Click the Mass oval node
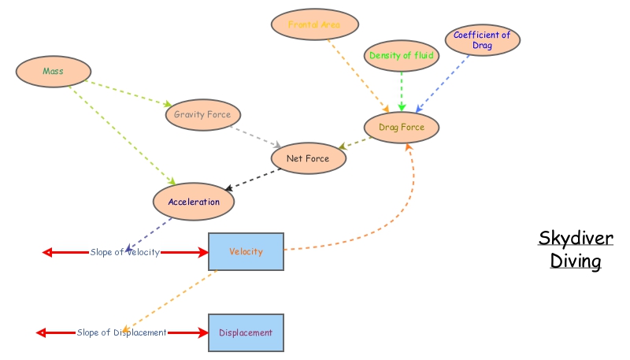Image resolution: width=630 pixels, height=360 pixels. click(53, 71)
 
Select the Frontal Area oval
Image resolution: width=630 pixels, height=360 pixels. click(314, 24)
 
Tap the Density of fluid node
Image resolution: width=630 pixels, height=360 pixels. click(402, 56)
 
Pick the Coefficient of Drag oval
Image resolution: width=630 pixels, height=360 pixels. click(482, 40)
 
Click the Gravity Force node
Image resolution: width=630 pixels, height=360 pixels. click(202, 114)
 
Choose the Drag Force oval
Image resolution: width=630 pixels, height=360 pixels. click(402, 127)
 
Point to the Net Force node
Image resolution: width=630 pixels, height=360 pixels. click(308, 158)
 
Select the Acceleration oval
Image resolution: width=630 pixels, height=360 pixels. click(194, 202)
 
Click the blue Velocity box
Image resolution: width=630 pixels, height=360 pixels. click(246, 252)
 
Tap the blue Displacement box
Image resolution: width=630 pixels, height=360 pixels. click(246, 332)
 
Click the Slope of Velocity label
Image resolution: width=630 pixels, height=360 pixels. click(124, 252)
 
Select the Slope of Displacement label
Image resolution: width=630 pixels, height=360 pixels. click(122, 332)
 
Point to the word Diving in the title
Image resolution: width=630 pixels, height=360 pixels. click(576, 261)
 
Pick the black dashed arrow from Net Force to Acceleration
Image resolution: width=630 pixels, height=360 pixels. click(254, 179)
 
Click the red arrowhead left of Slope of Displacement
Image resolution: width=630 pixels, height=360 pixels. click(42, 332)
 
